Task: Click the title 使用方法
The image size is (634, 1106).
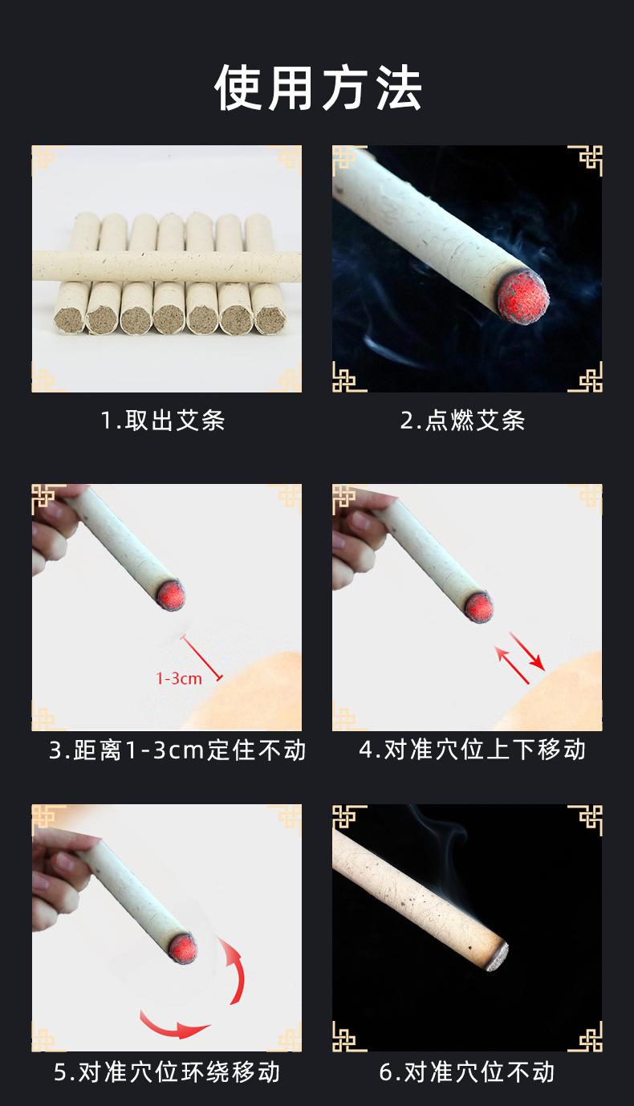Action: point(318,88)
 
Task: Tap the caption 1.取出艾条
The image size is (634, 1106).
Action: point(163,421)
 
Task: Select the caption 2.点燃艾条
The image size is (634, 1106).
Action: point(463,421)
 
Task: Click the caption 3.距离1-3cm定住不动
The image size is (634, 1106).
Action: point(177,750)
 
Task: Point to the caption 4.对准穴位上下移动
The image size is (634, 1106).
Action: point(473,749)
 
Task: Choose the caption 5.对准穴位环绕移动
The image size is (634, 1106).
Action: point(167,1072)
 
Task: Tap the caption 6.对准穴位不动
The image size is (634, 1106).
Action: point(467,1072)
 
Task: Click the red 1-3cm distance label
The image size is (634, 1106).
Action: point(179,678)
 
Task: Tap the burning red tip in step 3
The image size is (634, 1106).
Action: point(171,595)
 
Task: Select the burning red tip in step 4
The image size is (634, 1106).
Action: point(479,607)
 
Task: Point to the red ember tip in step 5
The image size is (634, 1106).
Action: point(183,948)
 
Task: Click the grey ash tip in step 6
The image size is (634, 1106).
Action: point(498,957)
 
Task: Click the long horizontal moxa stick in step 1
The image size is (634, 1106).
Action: point(167,266)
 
